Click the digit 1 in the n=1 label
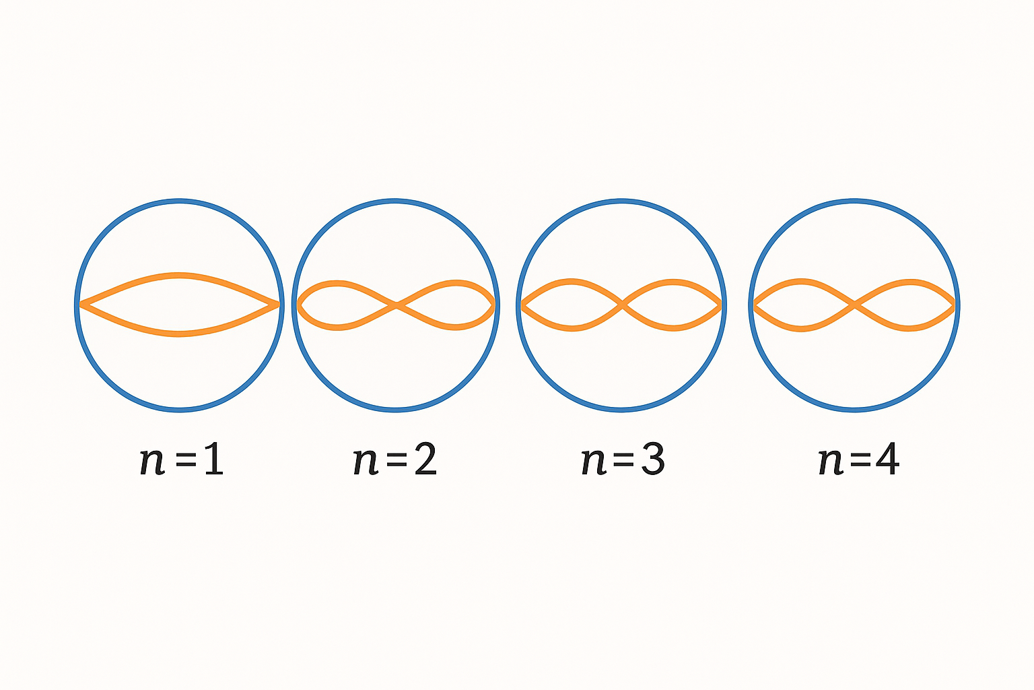[x=213, y=461]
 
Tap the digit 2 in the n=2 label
[x=425, y=461]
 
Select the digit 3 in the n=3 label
[x=652, y=461]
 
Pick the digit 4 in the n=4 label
[x=887, y=461]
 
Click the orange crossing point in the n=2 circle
[x=397, y=306]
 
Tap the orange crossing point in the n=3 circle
[x=622, y=305]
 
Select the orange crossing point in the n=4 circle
[x=854, y=305]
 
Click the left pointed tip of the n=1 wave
[x=82, y=305]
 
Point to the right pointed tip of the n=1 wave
[x=277, y=305]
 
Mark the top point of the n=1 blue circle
[x=179, y=201]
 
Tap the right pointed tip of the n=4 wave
[x=953, y=306]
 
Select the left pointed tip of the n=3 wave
[x=522, y=306]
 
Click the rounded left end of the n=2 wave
[x=300, y=305]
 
